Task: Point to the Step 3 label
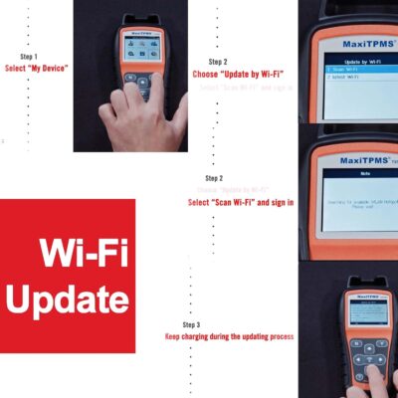click(x=191, y=325)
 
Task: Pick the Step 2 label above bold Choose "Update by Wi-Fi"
click(x=218, y=61)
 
